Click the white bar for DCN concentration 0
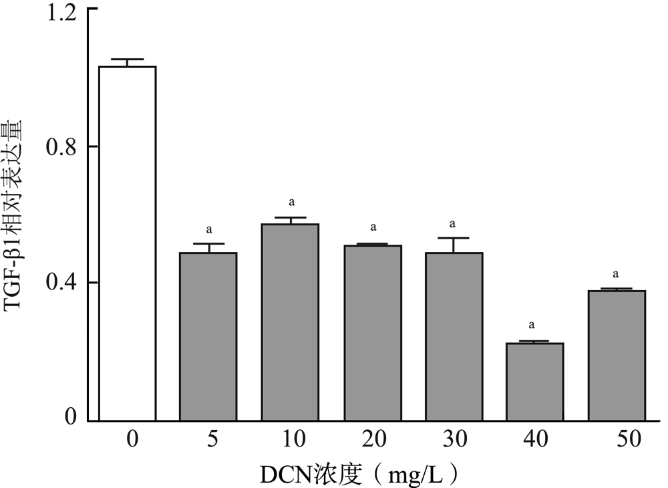point(127,243)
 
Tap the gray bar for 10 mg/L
point(290,322)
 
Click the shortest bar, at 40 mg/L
point(535,381)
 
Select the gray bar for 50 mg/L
point(617,355)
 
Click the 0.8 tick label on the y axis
point(61,146)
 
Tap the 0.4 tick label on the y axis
point(61,283)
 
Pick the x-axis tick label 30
point(454,440)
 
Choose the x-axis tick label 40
point(535,440)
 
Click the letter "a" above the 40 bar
point(532,326)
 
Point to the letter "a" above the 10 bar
point(291,201)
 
